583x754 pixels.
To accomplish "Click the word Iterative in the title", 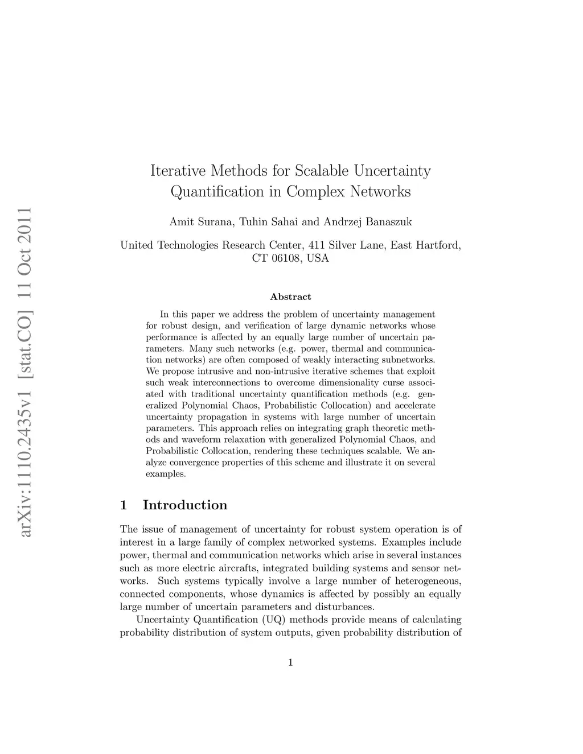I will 178,170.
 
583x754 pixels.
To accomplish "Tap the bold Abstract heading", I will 290,296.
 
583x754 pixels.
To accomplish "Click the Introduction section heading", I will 184,505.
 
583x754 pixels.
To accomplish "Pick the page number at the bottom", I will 290,662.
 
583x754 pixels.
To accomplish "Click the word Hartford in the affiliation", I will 438,245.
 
